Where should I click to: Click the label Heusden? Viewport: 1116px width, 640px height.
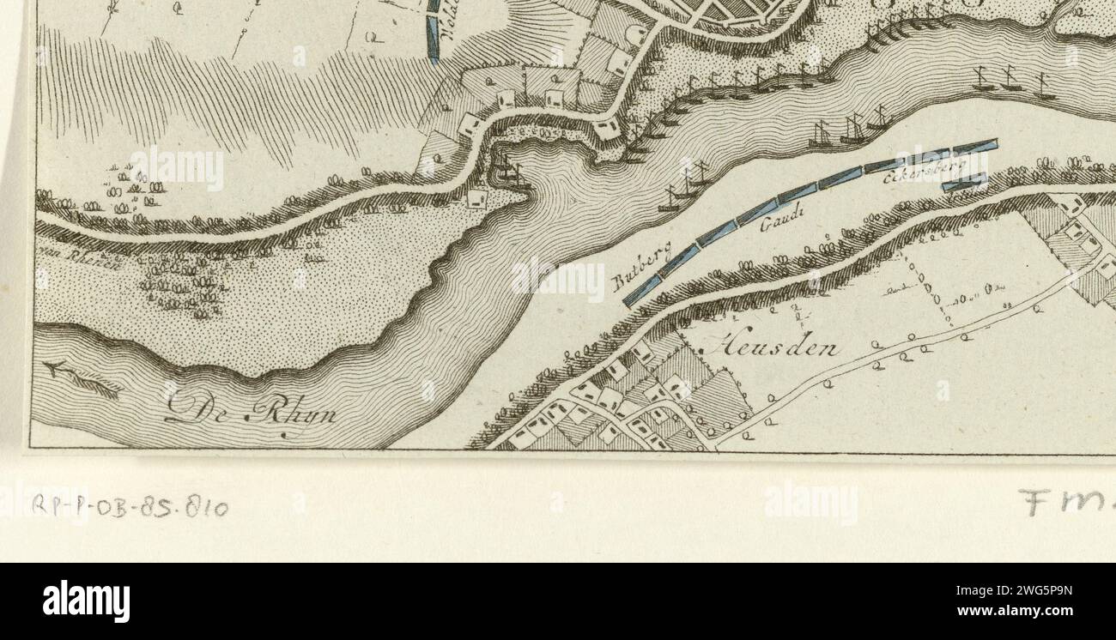click(x=773, y=347)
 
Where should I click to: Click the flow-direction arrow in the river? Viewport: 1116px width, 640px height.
click(x=82, y=378)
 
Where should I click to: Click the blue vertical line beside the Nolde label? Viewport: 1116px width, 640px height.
click(x=433, y=30)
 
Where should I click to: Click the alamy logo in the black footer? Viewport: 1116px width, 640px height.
click(x=86, y=601)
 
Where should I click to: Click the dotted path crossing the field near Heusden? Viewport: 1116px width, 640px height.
click(x=931, y=292)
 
